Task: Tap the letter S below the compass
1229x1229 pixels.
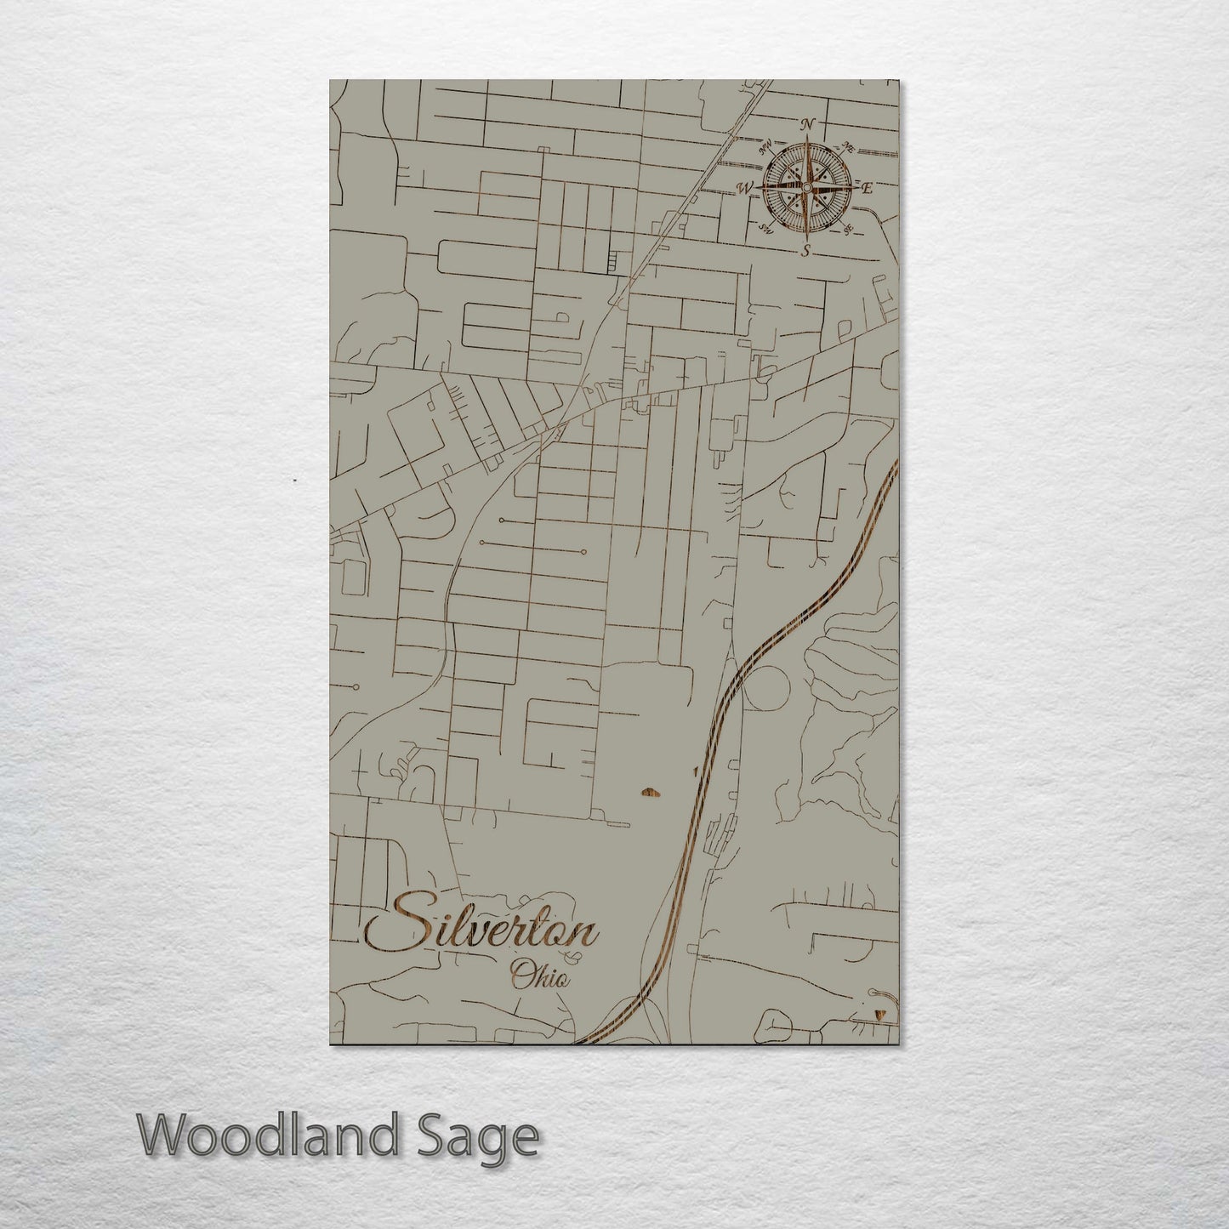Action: pyautogui.click(x=806, y=250)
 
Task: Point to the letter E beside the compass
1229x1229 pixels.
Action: pyautogui.click(x=868, y=188)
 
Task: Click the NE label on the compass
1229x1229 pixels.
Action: pyautogui.click(x=848, y=147)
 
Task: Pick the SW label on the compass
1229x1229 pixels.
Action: pyautogui.click(x=765, y=228)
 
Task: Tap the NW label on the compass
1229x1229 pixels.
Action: pyautogui.click(x=765, y=146)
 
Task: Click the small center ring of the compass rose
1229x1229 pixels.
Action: pyautogui.click(x=806, y=187)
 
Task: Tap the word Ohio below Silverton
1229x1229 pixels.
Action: pyautogui.click(x=539, y=976)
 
